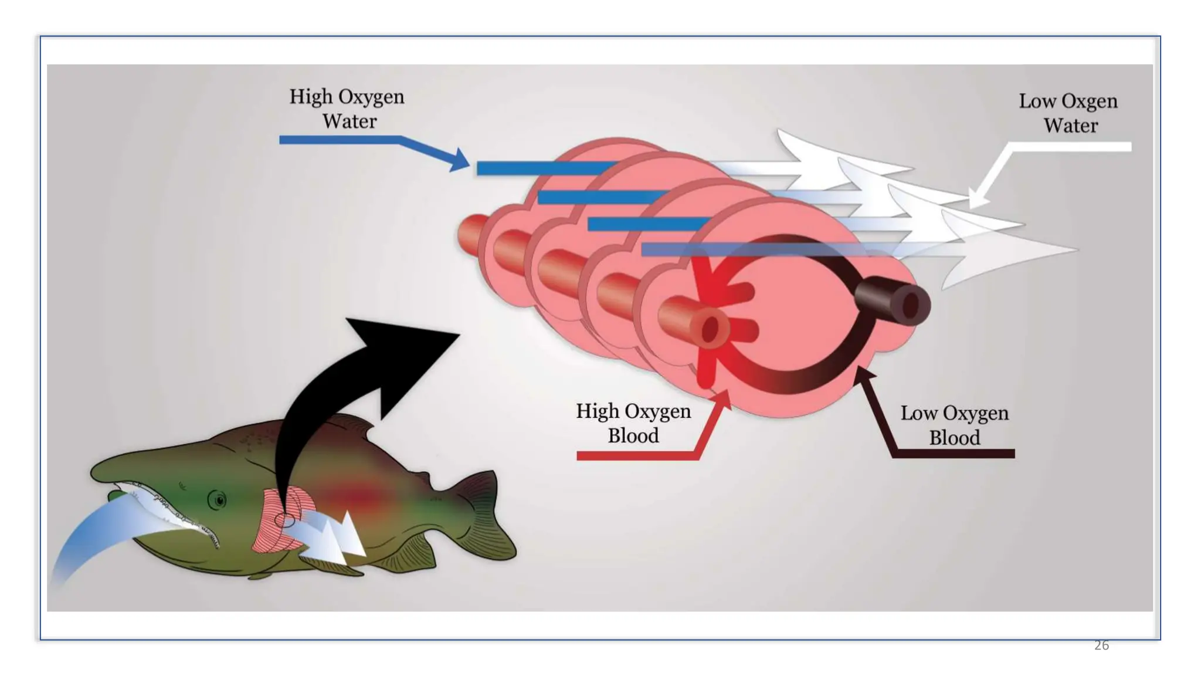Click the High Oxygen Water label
pyautogui.click(x=347, y=109)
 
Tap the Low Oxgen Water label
pyautogui.click(x=1068, y=113)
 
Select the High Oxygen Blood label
pyautogui.click(x=633, y=423)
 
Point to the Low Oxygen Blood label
pyautogui.click(x=954, y=425)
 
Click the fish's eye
pyautogui.click(x=219, y=501)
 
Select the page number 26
pyautogui.click(x=1101, y=645)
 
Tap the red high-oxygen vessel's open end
pyautogui.click(x=710, y=330)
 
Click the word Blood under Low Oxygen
pyautogui.click(x=954, y=438)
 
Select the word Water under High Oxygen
pyautogui.click(x=350, y=121)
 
